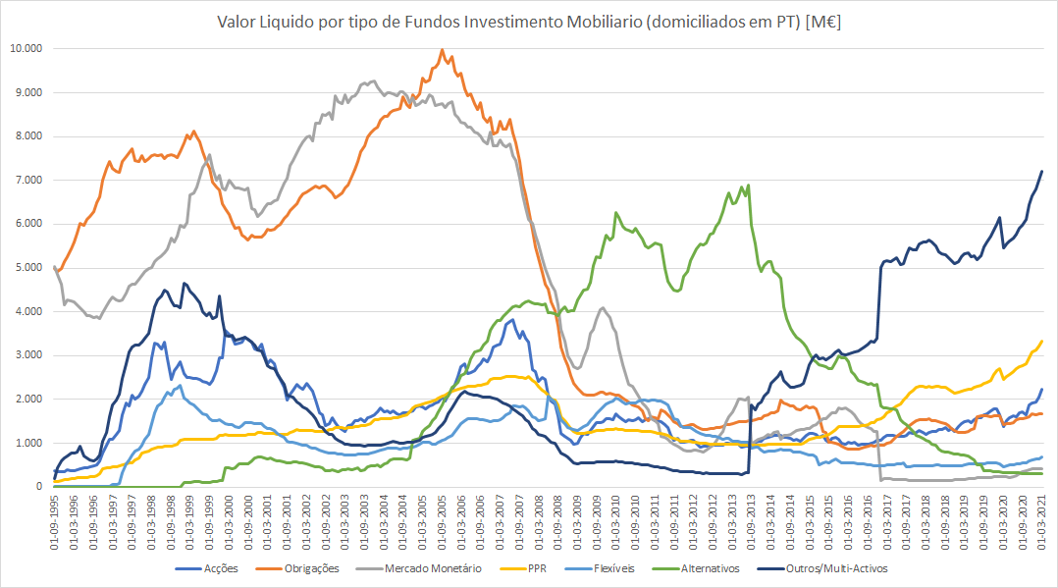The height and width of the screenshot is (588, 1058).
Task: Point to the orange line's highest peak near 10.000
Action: (x=442, y=50)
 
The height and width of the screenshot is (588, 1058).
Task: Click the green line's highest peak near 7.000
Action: (x=749, y=185)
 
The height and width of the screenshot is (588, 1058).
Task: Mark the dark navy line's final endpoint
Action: (x=1041, y=171)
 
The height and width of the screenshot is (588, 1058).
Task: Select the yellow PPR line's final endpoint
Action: (x=1041, y=341)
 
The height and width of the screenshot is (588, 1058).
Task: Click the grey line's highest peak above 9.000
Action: (x=374, y=80)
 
